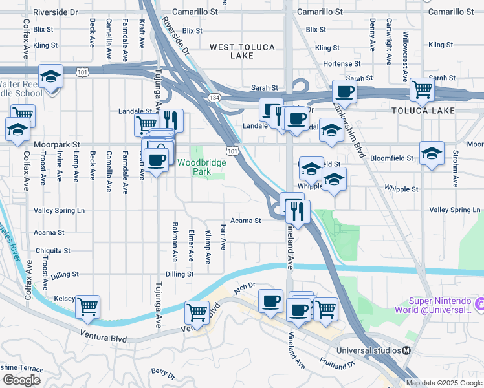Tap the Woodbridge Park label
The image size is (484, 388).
pos(202,167)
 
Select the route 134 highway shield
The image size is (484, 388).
pos(213,97)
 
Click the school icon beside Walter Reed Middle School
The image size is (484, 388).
pos(50,78)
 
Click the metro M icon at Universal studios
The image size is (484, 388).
pos(406,350)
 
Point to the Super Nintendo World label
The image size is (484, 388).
pos(439,305)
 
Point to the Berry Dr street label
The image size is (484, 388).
pos(163,373)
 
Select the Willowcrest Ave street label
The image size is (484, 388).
pos(406,48)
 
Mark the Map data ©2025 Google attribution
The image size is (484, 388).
pos(444,383)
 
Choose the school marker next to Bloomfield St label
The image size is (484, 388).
pos(432,153)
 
